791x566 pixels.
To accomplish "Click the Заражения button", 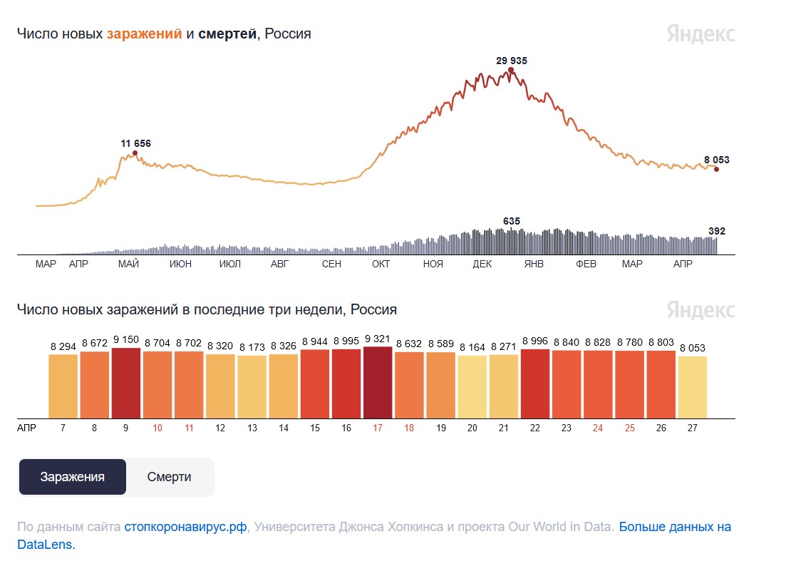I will tap(72, 477).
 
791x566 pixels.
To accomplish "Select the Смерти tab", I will tap(169, 477).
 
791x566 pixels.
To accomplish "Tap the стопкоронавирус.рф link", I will tap(185, 528).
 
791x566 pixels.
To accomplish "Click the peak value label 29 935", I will tap(512, 61).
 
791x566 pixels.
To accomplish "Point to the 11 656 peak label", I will tap(136, 143).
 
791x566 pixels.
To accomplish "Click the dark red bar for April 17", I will tap(378, 383).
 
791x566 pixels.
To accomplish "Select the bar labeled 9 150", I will tap(126, 384).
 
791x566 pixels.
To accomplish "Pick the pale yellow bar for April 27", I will tap(693, 387).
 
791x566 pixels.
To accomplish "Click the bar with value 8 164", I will tap(472, 387).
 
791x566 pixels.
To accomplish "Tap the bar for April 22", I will tap(535, 384).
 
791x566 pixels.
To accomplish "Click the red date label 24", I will tap(598, 428).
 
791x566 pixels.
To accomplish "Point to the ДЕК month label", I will tap(482, 264).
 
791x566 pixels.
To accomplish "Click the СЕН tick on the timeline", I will tap(331, 264).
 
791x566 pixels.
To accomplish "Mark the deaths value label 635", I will tap(512, 221).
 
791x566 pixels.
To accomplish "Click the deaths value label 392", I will tap(717, 231).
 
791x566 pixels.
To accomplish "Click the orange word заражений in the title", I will tap(145, 34).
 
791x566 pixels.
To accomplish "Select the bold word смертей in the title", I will tap(227, 34).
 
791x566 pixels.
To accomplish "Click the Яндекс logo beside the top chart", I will tap(701, 34).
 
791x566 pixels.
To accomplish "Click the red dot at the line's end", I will tap(716, 169).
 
